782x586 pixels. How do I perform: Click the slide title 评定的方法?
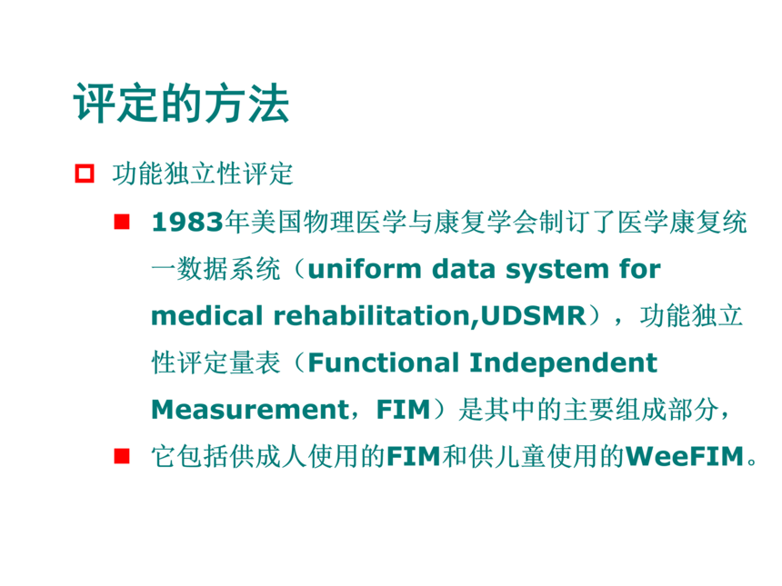tap(182, 104)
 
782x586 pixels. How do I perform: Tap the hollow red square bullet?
tap(85, 174)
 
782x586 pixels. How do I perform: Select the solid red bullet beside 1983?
tap(122, 222)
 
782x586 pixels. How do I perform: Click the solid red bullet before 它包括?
tap(122, 456)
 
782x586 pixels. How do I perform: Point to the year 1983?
tap(187, 222)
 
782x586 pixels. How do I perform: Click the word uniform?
tap(365, 269)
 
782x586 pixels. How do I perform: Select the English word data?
tap(464, 269)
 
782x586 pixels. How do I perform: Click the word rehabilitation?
tap(373, 316)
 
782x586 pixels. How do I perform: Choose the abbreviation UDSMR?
tap(533, 316)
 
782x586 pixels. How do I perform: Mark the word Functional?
tap(384, 363)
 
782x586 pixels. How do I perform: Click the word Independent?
tap(564, 363)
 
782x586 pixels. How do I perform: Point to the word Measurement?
tap(250, 410)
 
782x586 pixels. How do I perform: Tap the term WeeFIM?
tap(685, 456)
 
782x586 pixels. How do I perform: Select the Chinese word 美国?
tap(276, 222)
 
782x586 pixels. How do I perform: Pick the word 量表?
tap(255, 363)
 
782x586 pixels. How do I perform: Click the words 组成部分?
tap(667, 410)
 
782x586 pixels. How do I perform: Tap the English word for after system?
tap(640, 269)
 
